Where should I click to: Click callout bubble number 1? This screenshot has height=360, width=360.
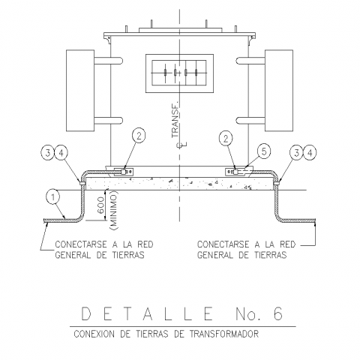point(53,197)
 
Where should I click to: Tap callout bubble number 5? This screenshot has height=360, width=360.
point(264,151)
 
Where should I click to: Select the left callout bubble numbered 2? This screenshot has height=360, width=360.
point(139,136)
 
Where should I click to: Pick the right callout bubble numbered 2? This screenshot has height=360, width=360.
point(226,138)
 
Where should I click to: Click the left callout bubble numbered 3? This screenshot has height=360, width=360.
point(47,153)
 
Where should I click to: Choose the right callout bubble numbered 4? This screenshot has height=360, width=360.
point(310,152)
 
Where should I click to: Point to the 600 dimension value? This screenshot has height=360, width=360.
point(101,205)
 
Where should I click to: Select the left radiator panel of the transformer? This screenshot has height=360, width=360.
point(80,90)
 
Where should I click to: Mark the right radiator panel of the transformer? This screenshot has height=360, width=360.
point(279,90)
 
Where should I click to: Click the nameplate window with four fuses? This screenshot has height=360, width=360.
point(179,73)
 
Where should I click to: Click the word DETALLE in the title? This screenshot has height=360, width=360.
point(147,313)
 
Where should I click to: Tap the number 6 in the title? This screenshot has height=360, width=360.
point(277,313)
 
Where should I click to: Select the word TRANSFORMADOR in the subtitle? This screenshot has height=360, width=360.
point(224,334)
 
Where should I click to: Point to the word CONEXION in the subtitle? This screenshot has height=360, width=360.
point(95,334)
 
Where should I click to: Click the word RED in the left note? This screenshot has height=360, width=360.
point(145,244)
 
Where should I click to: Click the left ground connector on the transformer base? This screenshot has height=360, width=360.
point(124,172)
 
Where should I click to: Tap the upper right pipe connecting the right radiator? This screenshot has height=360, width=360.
point(250,61)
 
